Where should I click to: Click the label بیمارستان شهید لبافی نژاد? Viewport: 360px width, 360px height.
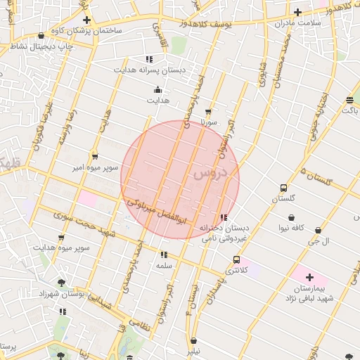pyautogui.click(x=309, y=295)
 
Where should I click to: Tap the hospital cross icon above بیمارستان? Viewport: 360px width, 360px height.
pyautogui.click(x=309, y=278)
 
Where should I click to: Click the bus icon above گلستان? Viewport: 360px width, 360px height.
pyautogui.click(x=283, y=188)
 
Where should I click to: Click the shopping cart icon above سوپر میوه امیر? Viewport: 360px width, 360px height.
pyautogui.click(x=95, y=157)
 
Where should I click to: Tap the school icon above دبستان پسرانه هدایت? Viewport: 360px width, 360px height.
pyautogui.click(x=148, y=59)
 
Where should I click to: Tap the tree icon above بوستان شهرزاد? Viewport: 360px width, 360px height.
pyautogui.click(x=62, y=283)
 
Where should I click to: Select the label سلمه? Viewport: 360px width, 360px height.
pyautogui.click(x=165, y=266)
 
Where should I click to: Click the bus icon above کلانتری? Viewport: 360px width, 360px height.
pyautogui.click(x=236, y=259)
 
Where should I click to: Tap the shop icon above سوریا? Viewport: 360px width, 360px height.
pyautogui.click(x=208, y=111)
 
